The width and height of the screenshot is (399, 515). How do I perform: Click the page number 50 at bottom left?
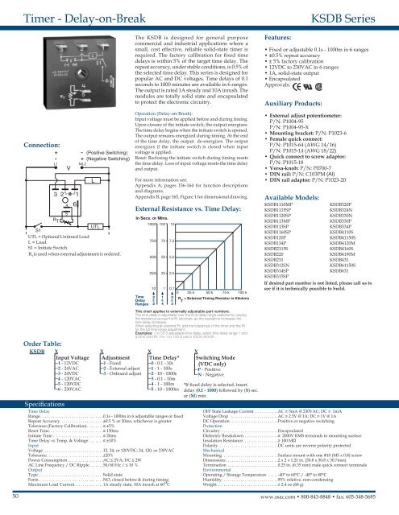pyautogui.click(x=7, y=509)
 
